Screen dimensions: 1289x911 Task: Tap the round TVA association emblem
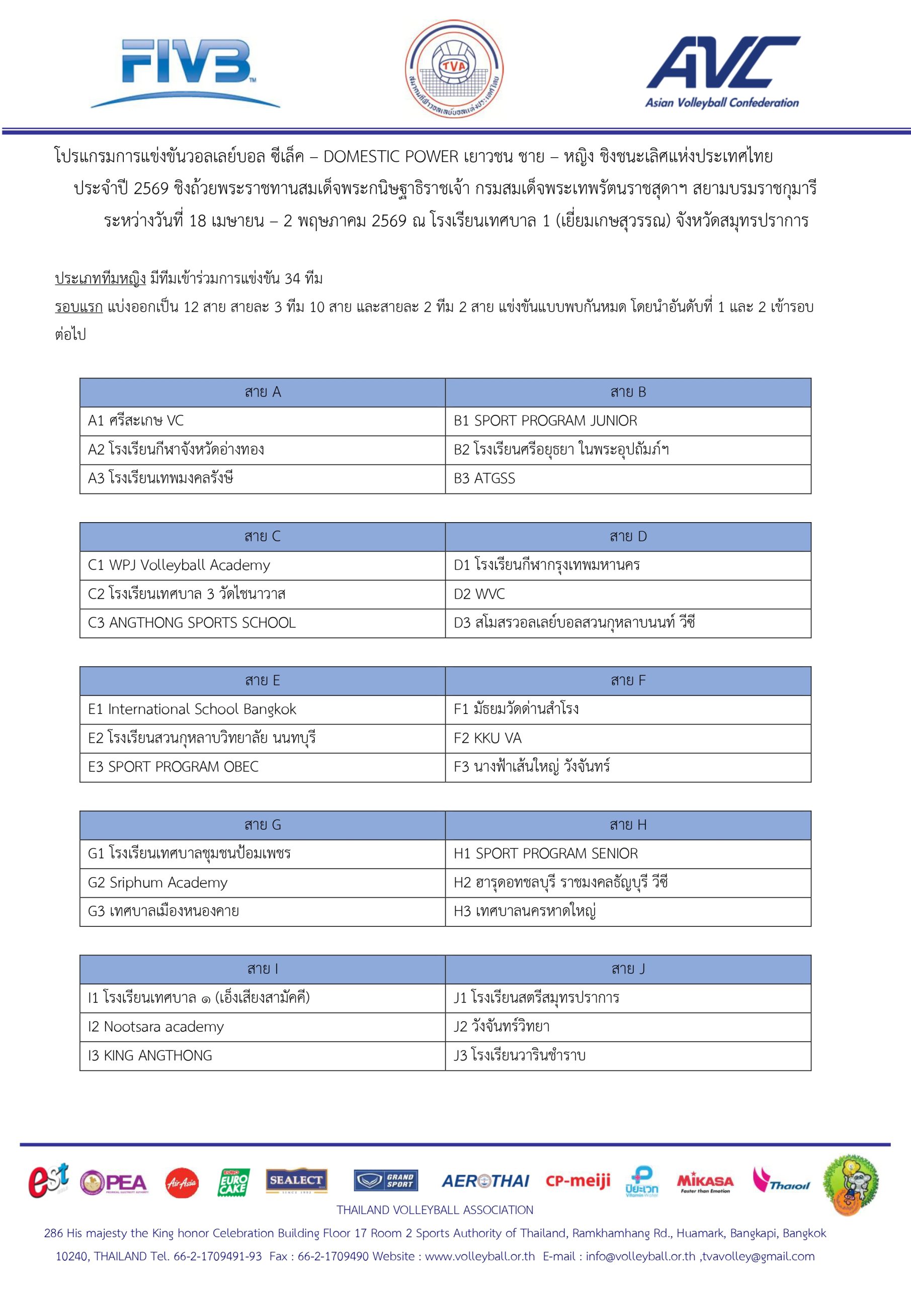454,69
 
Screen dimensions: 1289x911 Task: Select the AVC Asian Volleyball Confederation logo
722,71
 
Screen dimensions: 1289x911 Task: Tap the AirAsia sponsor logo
182,1183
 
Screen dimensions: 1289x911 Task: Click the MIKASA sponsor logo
705,1182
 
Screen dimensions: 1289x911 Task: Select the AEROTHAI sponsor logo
485,1181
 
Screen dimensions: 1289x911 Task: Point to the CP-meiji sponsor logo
578,1181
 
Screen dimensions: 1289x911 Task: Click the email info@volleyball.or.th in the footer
640,1256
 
